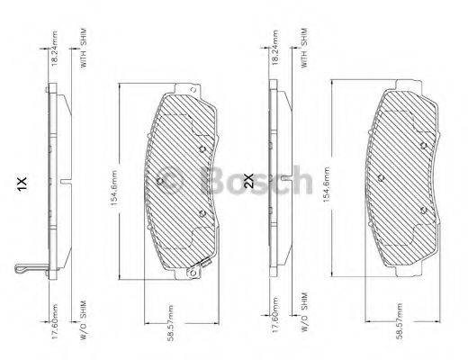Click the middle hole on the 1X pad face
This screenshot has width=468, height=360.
(x=159, y=181)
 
